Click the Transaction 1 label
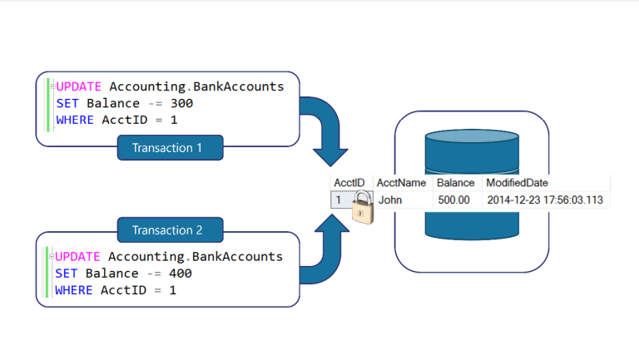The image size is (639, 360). click(x=171, y=149)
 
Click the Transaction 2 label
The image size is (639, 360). click(x=171, y=230)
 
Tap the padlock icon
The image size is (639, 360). click(x=361, y=205)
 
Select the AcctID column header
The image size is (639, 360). click(x=349, y=182)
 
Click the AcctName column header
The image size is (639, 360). click(x=402, y=182)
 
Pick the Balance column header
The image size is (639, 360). click(x=456, y=182)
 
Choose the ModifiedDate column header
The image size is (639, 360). click(x=517, y=182)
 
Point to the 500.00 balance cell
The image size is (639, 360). click(x=454, y=200)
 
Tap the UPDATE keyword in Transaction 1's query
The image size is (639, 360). click(x=80, y=87)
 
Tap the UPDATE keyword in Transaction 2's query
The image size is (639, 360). click(x=79, y=257)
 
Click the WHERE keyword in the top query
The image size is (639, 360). click(x=77, y=121)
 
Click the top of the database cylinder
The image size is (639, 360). click(x=471, y=132)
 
